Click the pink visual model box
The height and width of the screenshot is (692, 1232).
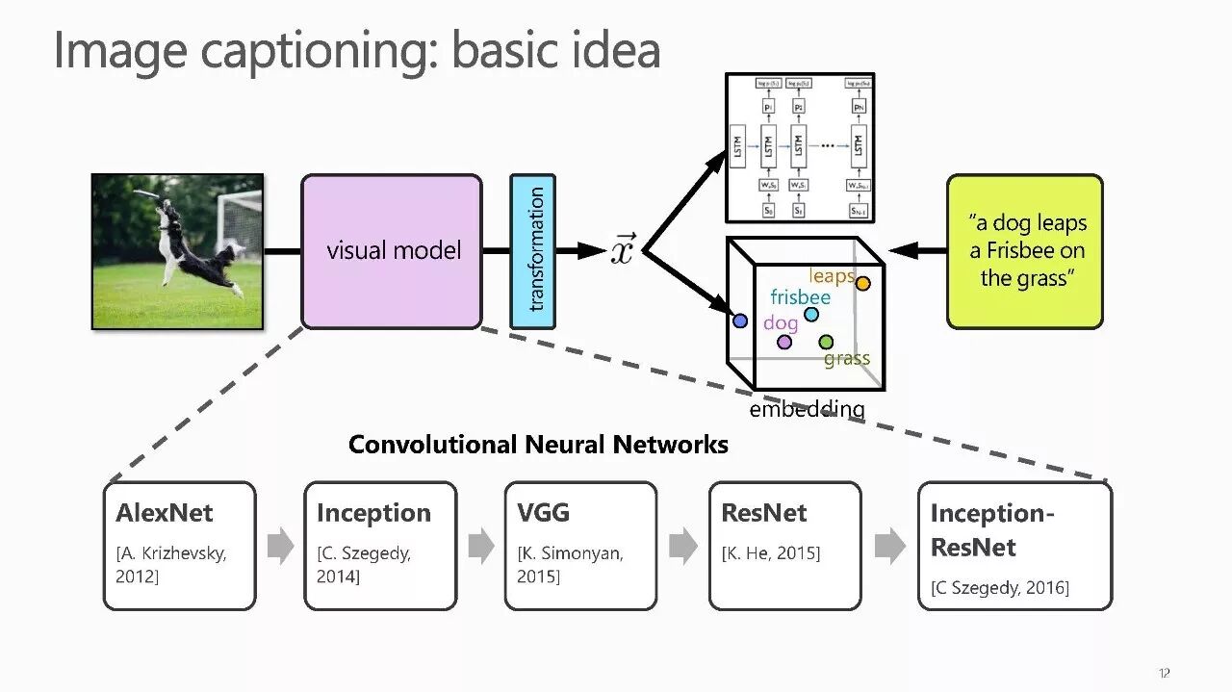(392, 251)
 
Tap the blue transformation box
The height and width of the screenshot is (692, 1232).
(532, 251)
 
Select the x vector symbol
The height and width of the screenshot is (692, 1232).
(623, 250)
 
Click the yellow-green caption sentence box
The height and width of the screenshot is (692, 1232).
(1024, 251)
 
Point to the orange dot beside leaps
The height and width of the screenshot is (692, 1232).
(862, 283)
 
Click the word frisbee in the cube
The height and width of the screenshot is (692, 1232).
(800, 296)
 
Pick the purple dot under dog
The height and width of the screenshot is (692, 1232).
(784, 342)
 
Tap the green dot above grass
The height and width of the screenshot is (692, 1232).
(826, 342)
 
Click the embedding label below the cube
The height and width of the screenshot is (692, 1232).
(807, 409)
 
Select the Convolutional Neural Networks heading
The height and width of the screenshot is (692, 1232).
(538, 445)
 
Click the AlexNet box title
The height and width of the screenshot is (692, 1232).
(165, 513)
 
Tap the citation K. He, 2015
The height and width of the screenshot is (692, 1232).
(771, 553)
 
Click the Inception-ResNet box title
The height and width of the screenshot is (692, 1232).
(991, 530)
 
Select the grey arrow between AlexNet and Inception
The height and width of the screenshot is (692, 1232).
(280, 546)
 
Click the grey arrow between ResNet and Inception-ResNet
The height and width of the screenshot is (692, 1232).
(889, 546)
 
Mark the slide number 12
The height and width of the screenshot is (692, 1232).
(1165, 673)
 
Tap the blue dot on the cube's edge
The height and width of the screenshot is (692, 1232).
(740, 321)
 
